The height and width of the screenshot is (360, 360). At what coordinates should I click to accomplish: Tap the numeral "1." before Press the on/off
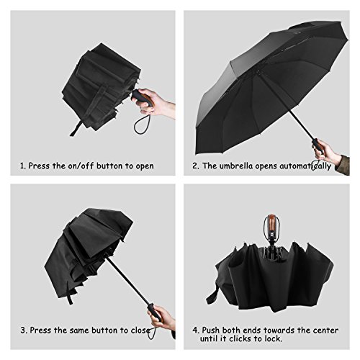point(23,166)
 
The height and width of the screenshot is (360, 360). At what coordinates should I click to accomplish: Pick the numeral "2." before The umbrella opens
point(196,166)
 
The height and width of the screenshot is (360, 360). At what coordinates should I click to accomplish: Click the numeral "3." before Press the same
point(24,330)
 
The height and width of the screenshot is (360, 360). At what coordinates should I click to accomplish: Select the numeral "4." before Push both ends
point(196,330)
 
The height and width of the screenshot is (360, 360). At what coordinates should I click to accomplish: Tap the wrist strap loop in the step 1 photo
point(143,124)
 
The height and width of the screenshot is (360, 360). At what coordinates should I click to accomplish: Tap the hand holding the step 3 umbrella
point(161,315)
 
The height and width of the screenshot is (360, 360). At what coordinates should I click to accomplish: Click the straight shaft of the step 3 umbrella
point(127,281)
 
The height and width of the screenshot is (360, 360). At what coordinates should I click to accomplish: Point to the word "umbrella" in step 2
point(236,166)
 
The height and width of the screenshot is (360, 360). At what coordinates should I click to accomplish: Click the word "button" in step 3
point(106,330)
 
